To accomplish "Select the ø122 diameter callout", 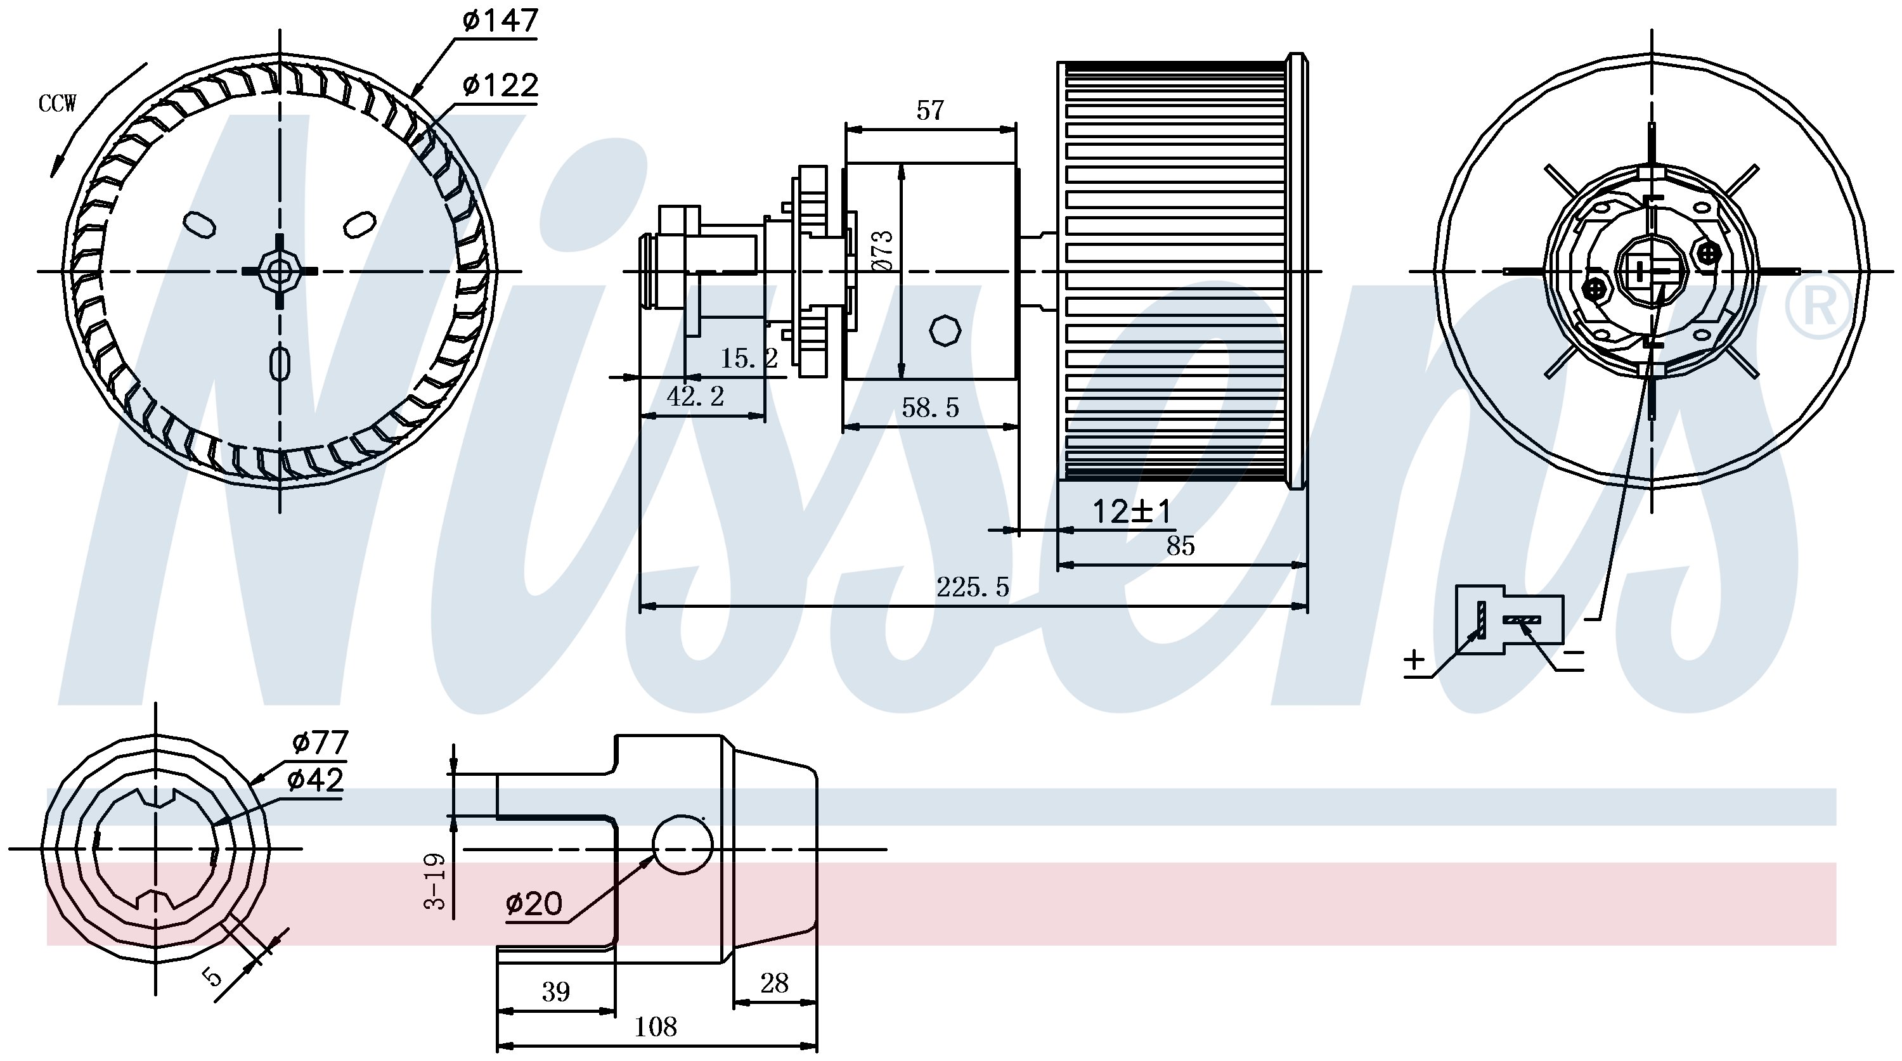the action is coord(500,86).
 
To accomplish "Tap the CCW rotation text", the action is coord(57,104).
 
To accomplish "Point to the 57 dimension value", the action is coord(929,111).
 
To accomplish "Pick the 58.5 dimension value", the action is coord(930,407).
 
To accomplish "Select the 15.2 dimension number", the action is coord(749,359).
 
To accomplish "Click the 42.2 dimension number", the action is coord(695,397).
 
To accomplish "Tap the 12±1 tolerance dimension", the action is coord(1132,511).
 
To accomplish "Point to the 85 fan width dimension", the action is coord(1180,546).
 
